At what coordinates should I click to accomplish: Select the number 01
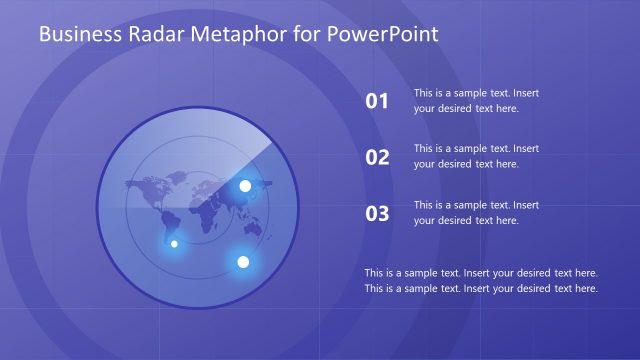[377, 100]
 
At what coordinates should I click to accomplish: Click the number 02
[377, 157]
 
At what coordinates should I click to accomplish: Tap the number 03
[377, 213]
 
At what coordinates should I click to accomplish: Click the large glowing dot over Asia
[245, 186]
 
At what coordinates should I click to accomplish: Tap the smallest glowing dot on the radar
[174, 243]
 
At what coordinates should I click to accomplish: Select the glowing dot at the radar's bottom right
[242, 262]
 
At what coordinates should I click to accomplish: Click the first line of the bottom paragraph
[481, 272]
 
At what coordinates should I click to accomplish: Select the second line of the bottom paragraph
[481, 288]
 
